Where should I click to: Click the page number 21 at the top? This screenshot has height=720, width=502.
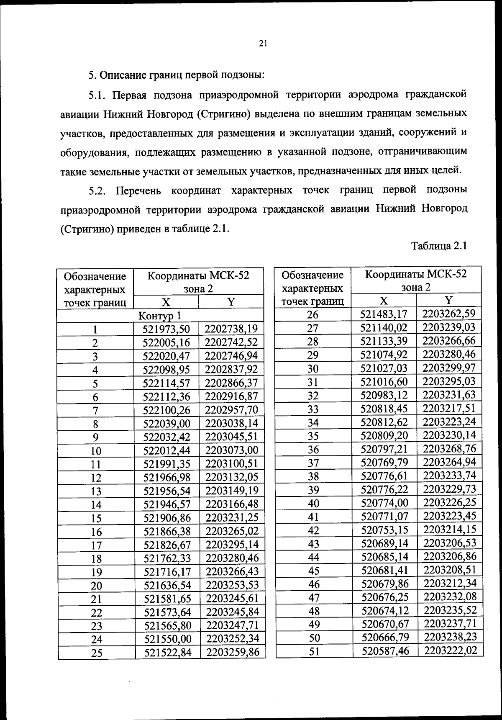pyautogui.click(x=263, y=44)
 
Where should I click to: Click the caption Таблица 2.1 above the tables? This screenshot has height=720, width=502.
pyautogui.click(x=439, y=246)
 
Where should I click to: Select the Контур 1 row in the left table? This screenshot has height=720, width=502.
pyautogui.click(x=161, y=315)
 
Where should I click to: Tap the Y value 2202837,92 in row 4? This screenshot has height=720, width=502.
pyautogui.click(x=232, y=369)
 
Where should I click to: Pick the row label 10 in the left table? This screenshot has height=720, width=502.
pyautogui.click(x=96, y=451)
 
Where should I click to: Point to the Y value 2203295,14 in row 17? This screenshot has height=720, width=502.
pyautogui.click(x=232, y=545)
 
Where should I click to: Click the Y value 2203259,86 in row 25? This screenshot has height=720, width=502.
pyautogui.click(x=233, y=652)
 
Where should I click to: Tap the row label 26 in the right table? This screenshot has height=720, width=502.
pyautogui.click(x=313, y=315)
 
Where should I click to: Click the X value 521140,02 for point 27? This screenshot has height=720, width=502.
pyautogui.click(x=384, y=327)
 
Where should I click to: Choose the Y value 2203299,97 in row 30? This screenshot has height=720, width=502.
pyautogui.click(x=449, y=368)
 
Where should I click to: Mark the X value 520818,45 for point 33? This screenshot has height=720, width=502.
pyautogui.click(x=384, y=408)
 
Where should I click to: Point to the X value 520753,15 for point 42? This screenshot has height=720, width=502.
pyautogui.click(x=384, y=530)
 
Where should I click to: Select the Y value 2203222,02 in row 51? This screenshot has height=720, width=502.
pyautogui.click(x=451, y=650)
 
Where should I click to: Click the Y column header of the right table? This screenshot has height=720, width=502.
pyautogui.click(x=448, y=300)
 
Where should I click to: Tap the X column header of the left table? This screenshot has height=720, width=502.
pyautogui.click(x=166, y=302)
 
